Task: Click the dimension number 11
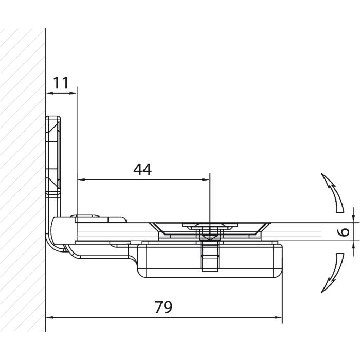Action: click(61, 83)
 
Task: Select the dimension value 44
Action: click(142, 169)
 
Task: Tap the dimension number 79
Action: click(163, 307)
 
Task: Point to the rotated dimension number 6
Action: click(344, 231)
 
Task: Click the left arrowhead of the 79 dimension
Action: click(49, 317)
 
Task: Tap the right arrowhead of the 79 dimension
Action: click(278, 317)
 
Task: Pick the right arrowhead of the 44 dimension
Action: click(206, 179)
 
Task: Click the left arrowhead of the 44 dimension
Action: click(81, 179)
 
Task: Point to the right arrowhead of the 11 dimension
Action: click(73, 93)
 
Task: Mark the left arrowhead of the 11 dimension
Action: click(49, 93)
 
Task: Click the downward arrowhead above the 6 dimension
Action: click(353, 219)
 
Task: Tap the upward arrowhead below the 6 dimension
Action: click(353, 245)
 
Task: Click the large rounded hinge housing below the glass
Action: click(209, 261)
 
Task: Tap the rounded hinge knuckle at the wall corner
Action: click(60, 231)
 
